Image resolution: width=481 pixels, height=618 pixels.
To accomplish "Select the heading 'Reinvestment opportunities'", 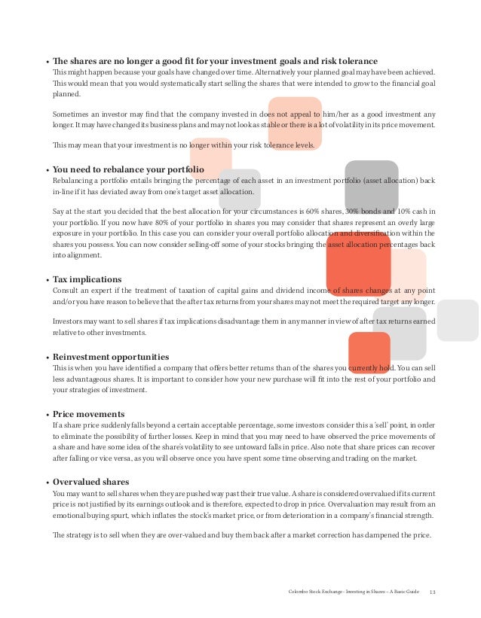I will (x=110, y=357).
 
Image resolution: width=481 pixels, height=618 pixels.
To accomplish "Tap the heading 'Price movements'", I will (x=88, y=414).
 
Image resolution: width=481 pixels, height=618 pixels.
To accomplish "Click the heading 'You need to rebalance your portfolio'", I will (x=128, y=170).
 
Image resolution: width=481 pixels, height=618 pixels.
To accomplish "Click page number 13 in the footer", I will (x=432, y=592).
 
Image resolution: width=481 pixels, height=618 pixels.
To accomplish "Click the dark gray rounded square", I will (x=371, y=186).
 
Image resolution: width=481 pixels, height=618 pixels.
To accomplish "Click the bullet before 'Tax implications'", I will (x=46, y=279).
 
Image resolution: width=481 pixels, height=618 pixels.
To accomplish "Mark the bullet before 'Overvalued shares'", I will (x=46, y=483).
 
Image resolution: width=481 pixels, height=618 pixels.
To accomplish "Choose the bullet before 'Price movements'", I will (x=46, y=415).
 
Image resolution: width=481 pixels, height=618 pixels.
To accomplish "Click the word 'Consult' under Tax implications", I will (x=66, y=291).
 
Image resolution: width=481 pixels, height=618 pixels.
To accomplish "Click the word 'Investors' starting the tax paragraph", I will (x=68, y=321).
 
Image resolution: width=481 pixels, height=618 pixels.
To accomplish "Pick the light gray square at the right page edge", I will (x=458, y=320).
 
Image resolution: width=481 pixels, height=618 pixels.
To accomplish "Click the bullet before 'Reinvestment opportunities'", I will (x=46, y=358).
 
